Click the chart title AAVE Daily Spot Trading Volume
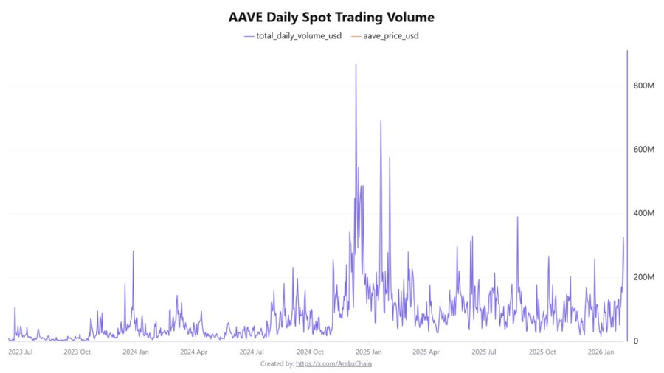[331, 16]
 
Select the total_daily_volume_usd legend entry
[294, 35]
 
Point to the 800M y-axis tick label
[644, 86]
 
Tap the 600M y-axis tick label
[644, 150]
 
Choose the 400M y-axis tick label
[644, 214]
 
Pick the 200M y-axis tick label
[644, 277]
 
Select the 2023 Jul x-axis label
[20, 352]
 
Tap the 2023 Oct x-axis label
[77, 352]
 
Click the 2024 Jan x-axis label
[136, 352]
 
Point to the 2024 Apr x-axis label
[193, 352]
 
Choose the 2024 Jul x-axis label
[251, 352]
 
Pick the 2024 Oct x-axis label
[309, 352]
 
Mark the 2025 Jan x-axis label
[367, 352]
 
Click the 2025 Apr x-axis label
[426, 352]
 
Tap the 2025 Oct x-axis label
[542, 352]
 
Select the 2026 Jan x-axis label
[600, 352]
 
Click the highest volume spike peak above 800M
[356, 65]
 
